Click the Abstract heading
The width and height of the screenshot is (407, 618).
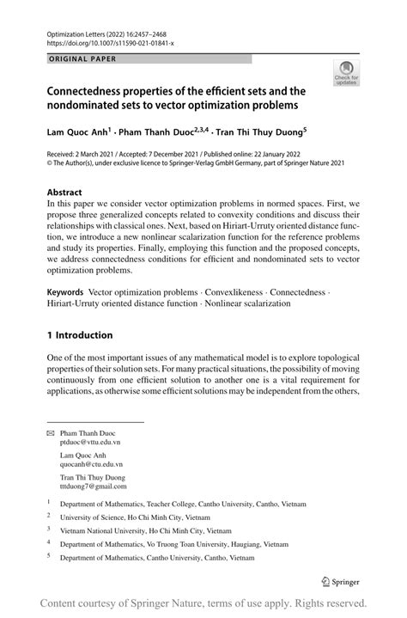click(65, 193)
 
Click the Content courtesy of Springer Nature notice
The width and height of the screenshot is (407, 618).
click(203, 603)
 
